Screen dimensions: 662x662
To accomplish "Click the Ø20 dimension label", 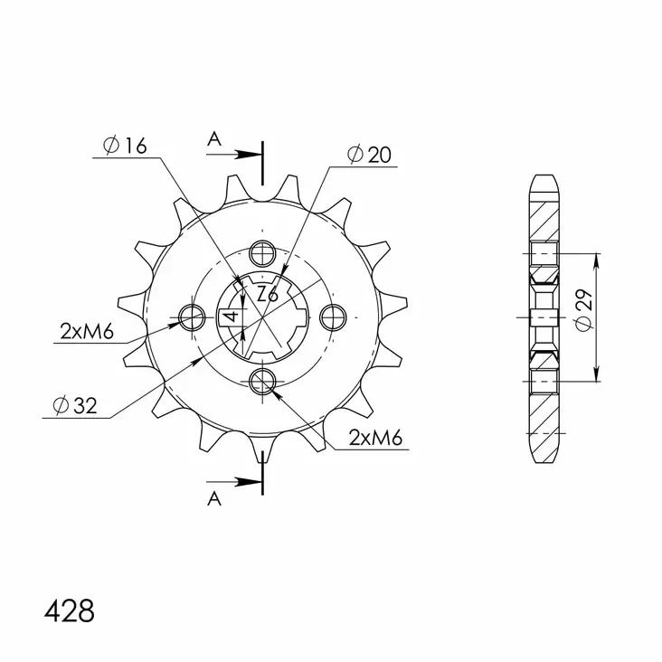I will tap(369, 156).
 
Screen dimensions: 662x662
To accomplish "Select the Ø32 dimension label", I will tap(74, 407).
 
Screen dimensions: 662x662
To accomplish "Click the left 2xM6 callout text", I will tap(86, 333).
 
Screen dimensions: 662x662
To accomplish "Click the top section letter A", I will tap(213, 138).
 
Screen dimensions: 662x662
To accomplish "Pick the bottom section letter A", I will tap(213, 498).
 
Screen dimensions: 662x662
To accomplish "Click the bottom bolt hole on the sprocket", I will tap(262, 381).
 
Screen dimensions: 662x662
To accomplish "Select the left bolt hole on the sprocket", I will tap(193, 317).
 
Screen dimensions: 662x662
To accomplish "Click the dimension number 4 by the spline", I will tap(232, 317).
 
